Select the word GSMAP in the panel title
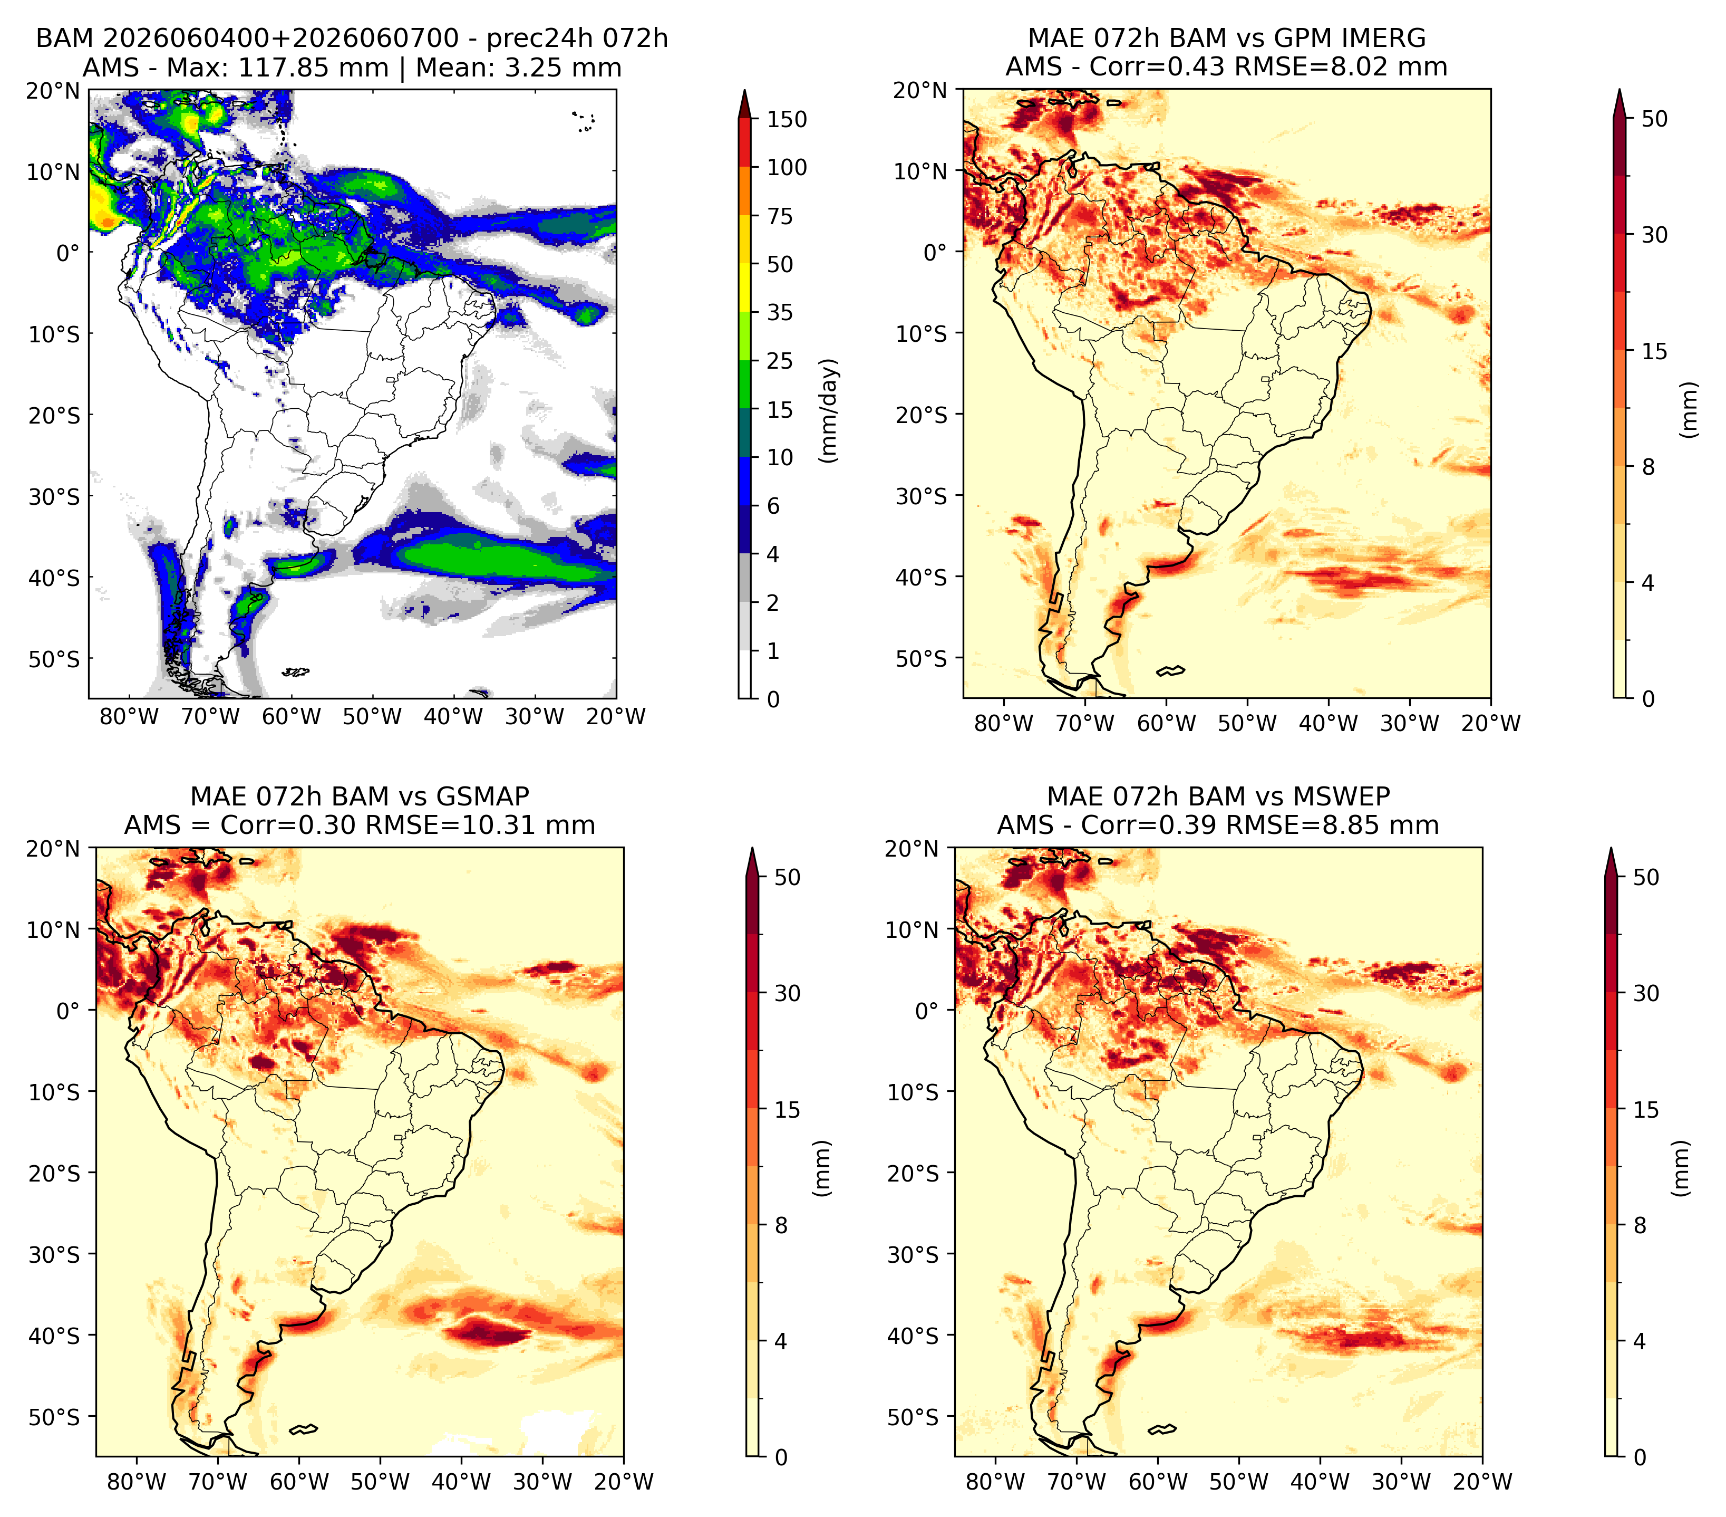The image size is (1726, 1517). [x=483, y=796]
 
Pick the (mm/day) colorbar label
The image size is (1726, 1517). [x=830, y=410]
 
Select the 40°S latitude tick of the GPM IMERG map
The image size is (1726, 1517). [x=920, y=578]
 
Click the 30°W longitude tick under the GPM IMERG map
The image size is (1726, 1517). [x=1409, y=723]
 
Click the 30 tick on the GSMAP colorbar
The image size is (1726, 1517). [x=787, y=993]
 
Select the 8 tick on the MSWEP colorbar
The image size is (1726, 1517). [x=1640, y=1226]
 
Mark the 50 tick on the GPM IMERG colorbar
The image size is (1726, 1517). [x=1655, y=119]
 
